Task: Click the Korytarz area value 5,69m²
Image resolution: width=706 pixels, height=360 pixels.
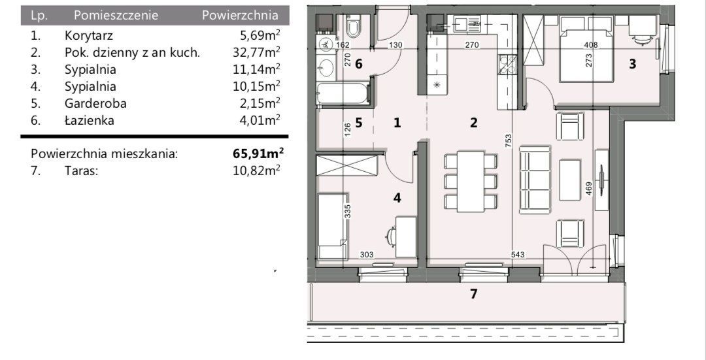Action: [x=261, y=35]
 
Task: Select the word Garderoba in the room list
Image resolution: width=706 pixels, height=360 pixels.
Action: [x=95, y=103]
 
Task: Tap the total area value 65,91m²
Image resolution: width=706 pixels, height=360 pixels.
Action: [x=258, y=154]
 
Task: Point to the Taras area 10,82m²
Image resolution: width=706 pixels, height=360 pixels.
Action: [x=257, y=171]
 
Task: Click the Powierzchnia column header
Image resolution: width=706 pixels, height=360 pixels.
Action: [x=239, y=15]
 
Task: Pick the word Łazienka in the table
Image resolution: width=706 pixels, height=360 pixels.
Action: [x=89, y=120]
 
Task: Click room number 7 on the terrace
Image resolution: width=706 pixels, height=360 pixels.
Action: [x=473, y=294]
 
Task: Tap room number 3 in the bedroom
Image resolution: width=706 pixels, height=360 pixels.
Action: [x=633, y=64]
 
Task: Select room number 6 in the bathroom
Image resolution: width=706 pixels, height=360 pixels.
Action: [x=358, y=64]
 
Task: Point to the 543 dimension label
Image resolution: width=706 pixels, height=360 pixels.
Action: [x=517, y=255]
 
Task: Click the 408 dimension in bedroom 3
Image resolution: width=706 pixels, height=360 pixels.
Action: [x=590, y=45]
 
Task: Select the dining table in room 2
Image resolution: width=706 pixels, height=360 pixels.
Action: [x=471, y=182]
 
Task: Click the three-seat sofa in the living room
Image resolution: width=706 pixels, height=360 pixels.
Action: [x=535, y=180]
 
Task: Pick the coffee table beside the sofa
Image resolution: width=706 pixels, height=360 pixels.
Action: [x=570, y=180]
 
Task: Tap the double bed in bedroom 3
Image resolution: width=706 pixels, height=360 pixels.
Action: [x=586, y=49]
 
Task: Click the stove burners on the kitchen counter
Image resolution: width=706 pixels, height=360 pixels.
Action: [x=507, y=64]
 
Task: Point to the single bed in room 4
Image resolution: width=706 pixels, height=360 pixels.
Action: [x=332, y=227]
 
